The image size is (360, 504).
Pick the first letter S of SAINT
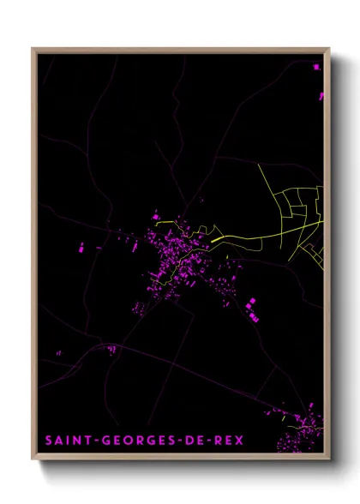tap(49, 441)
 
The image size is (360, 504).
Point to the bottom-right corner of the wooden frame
tap(329, 459)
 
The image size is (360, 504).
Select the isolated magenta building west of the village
tap(81, 249)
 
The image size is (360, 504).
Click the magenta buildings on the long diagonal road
tap(111, 348)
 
